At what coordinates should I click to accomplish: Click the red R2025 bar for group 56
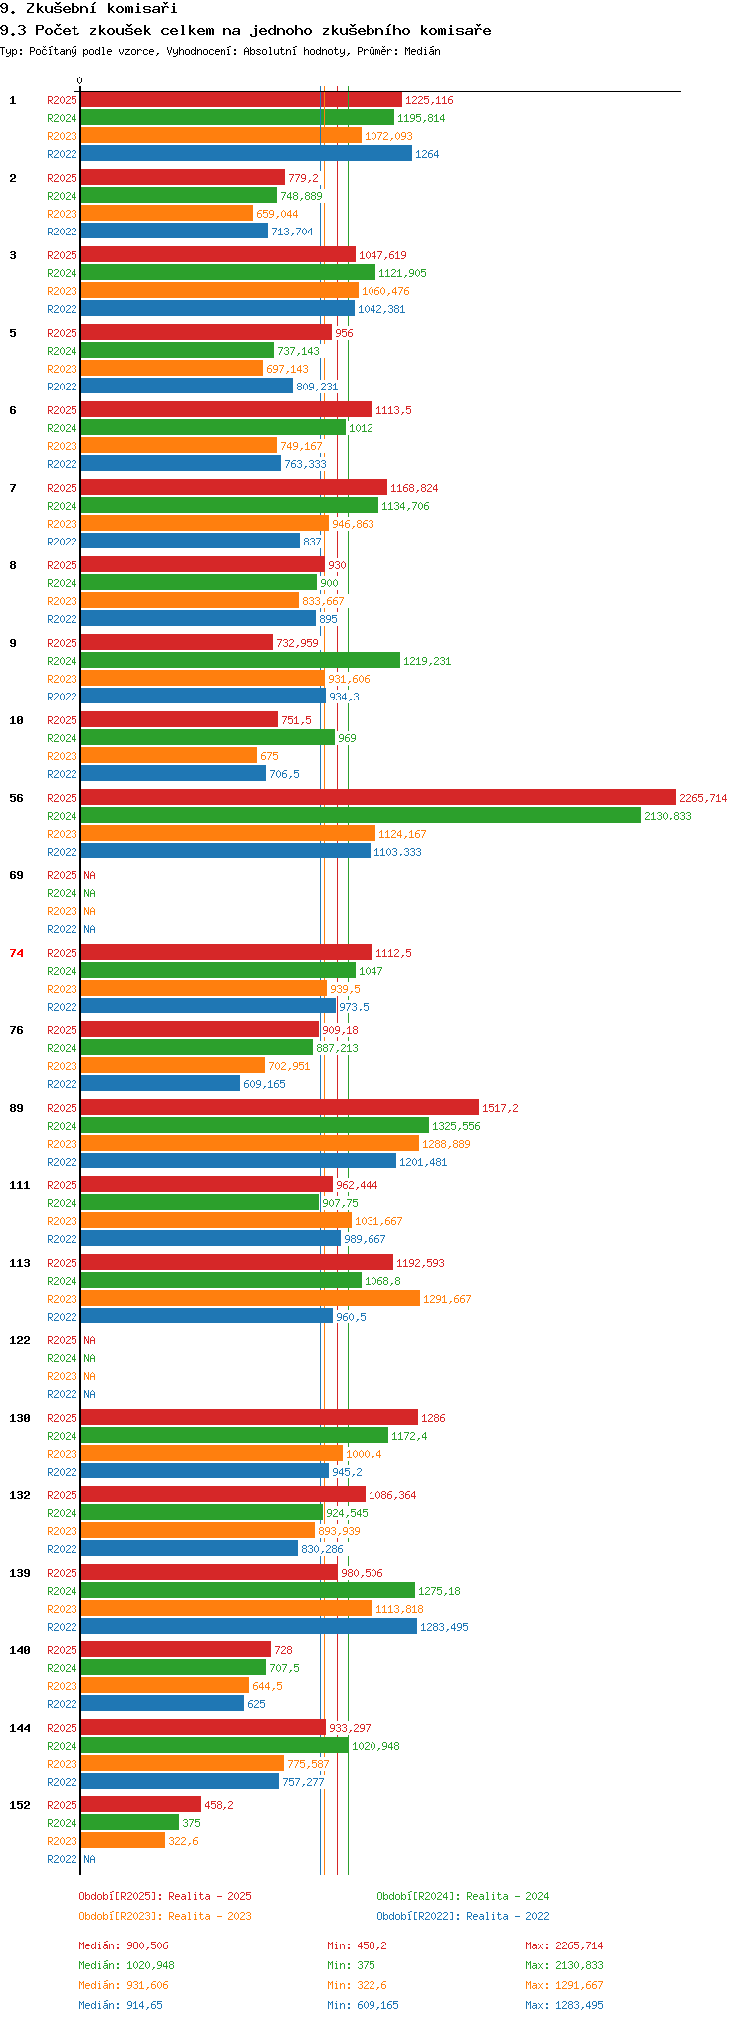tap(378, 797)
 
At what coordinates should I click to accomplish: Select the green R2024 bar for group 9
tap(240, 660)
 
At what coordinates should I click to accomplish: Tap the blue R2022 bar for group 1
tap(246, 153)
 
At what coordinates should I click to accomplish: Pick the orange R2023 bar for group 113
tap(250, 1298)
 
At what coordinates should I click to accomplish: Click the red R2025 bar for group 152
tap(141, 1804)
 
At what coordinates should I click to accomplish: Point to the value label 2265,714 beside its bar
tap(703, 798)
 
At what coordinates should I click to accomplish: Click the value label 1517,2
tap(500, 1108)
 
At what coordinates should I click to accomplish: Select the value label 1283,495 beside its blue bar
tap(444, 1627)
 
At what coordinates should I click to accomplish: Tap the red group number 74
tap(16, 953)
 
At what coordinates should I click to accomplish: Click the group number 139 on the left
tap(20, 1573)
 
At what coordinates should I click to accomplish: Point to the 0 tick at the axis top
tap(80, 81)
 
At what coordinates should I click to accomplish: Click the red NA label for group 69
tap(89, 875)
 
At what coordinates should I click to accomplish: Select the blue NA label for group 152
tap(89, 1859)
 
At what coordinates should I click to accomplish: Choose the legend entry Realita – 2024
tap(463, 1896)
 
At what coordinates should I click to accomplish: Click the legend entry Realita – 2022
tap(463, 1916)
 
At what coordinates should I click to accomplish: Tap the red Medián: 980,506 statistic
tap(124, 1945)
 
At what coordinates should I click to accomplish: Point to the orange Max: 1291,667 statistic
tap(564, 1985)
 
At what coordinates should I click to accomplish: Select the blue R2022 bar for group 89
tap(238, 1161)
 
